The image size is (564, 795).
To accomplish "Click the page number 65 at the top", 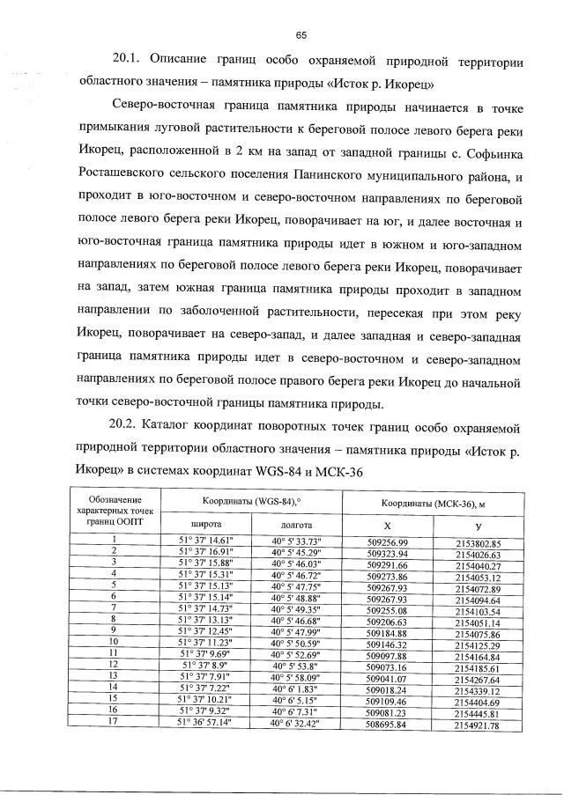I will pyautogui.click(x=301, y=34).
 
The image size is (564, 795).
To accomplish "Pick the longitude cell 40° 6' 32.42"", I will pyautogui.click(x=295, y=724).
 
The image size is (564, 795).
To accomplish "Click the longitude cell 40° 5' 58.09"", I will pyautogui.click(x=295, y=677).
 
